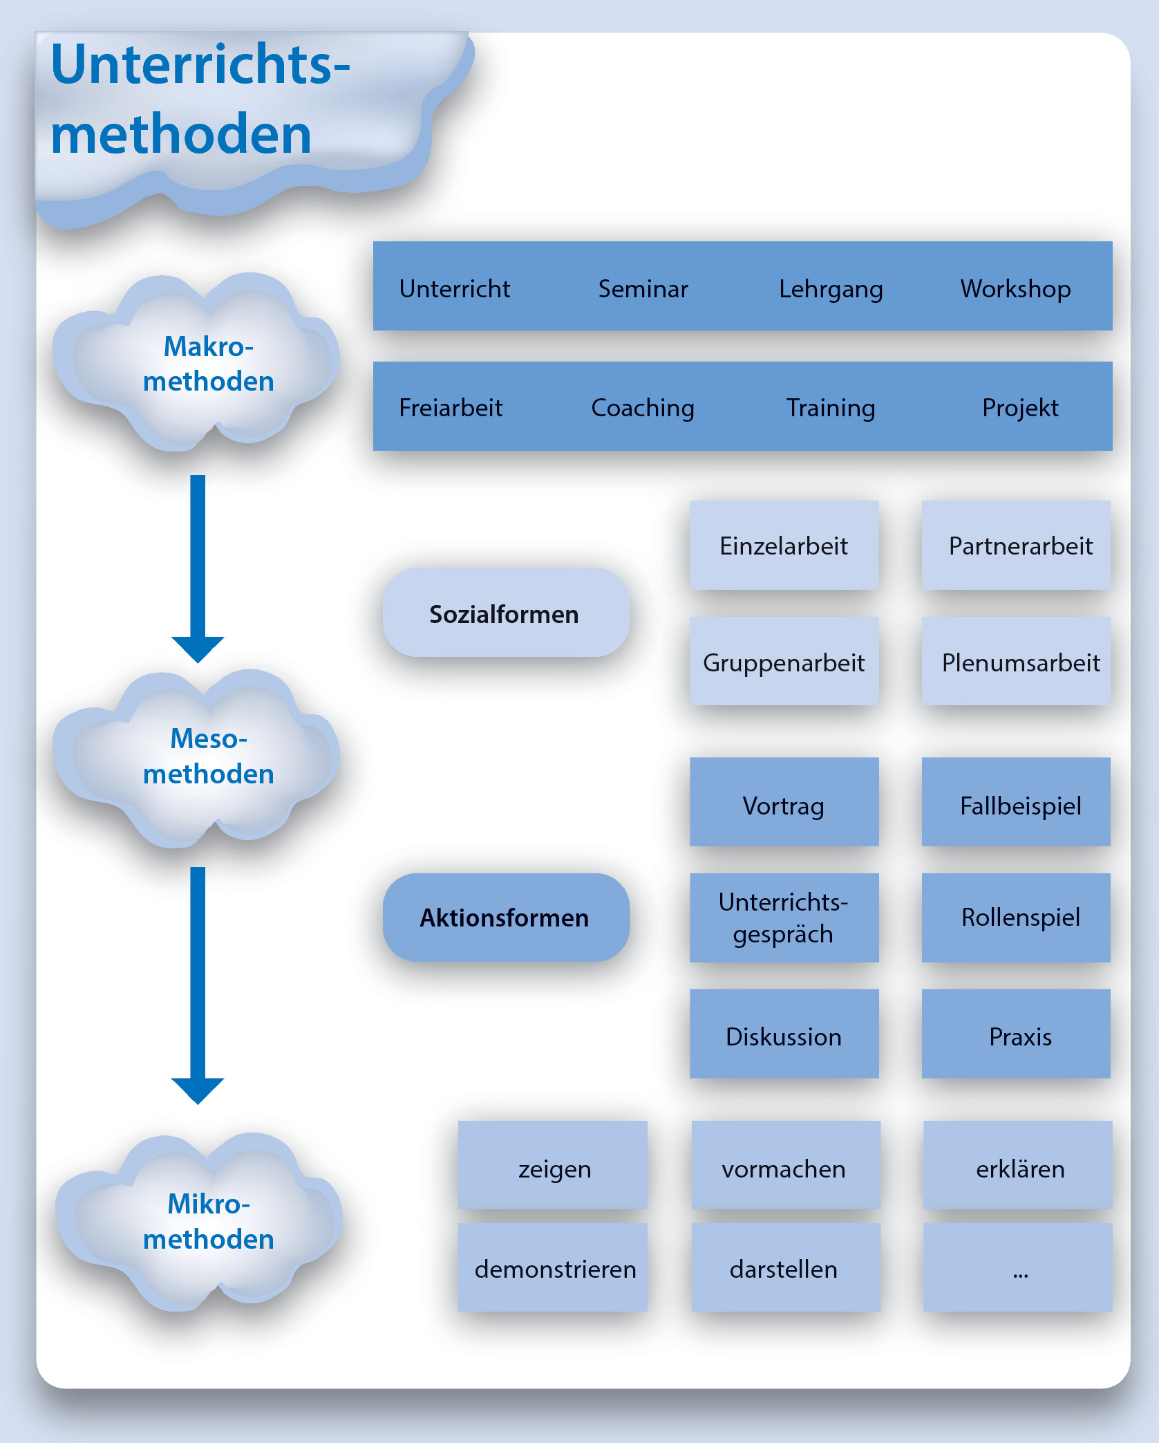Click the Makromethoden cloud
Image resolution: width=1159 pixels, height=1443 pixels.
197,363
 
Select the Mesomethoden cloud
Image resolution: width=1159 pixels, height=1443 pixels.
197,757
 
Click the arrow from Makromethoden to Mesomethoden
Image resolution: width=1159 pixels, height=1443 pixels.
198,567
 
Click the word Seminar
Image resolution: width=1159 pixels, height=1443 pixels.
643,288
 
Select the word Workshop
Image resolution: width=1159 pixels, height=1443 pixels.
1015,288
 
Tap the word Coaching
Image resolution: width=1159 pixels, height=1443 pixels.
643,407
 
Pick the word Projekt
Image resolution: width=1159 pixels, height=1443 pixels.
1020,407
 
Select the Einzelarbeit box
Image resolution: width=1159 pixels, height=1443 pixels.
784,545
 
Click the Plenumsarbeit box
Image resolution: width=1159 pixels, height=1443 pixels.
1016,662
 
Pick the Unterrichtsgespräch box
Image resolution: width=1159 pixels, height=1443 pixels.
784,918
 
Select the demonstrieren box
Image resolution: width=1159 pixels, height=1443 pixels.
553,1267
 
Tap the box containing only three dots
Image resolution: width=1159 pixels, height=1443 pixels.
1017,1267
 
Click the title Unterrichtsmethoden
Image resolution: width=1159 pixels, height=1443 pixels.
200,98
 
